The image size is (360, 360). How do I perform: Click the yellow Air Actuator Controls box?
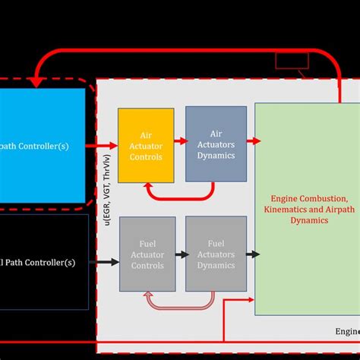146,144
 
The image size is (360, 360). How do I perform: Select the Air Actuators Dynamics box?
216,144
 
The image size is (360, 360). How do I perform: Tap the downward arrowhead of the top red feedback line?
33,81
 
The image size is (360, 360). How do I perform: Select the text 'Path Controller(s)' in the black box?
43,263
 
